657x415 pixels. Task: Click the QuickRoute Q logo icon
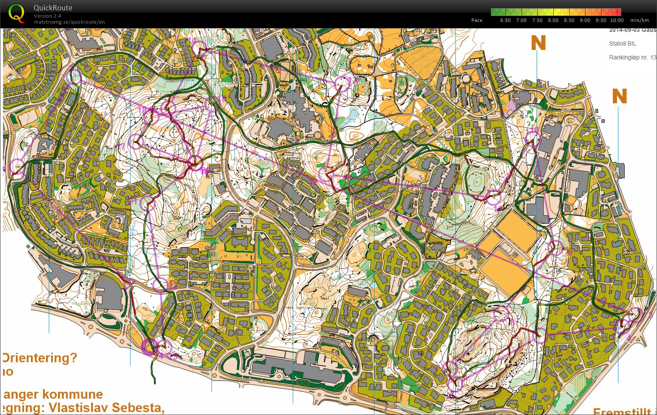coord(17,13)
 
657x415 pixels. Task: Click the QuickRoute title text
coord(53,8)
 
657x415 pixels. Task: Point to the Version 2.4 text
coord(47,16)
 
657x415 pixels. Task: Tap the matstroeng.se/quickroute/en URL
coord(69,22)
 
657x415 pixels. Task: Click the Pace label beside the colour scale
coord(477,20)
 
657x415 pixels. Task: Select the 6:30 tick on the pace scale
coord(506,20)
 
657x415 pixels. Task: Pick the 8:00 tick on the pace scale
coord(553,20)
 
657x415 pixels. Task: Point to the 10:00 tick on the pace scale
coord(617,20)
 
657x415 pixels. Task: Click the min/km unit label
coord(639,20)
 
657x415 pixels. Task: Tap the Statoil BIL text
coord(623,43)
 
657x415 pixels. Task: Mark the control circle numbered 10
coord(533,138)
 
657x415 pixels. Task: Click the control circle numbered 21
coord(148,202)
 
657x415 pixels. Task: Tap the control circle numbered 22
coord(160,284)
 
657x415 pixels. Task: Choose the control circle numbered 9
coord(558,249)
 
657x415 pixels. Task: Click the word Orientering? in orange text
coord(40,358)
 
